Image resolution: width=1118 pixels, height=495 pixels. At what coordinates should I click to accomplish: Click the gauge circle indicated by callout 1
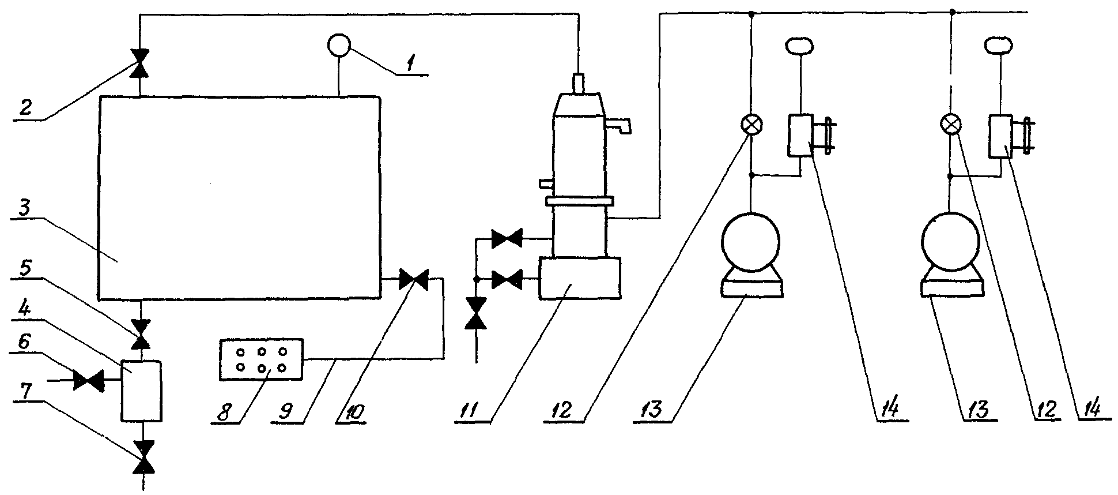(x=338, y=45)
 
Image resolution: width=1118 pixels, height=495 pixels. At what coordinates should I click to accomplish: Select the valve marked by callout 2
(x=140, y=63)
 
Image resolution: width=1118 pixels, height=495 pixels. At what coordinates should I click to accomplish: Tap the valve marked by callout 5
(x=140, y=334)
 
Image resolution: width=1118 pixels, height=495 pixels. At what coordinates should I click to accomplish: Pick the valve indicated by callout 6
(x=88, y=381)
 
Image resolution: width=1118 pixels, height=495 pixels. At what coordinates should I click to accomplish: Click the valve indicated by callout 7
(x=140, y=457)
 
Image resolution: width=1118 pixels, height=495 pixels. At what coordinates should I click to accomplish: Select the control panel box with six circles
(x=261, y=359)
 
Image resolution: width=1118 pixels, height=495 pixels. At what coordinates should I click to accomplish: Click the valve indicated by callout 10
(x=413, y=279)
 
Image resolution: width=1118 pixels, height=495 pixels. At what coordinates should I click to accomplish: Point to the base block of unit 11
(x=580, y=279)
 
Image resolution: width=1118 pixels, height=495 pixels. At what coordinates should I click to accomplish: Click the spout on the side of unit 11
(x=620, y=125)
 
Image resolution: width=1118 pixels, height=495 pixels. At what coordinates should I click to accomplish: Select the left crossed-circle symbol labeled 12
(x=751, y=125)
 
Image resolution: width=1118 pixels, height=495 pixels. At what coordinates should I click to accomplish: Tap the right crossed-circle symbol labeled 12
(x=950, y=125)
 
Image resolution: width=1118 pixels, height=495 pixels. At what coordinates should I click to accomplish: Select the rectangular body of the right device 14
(x=1000, y=136)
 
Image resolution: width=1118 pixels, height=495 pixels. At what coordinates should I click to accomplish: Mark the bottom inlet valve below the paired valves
(x=475, y=313)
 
